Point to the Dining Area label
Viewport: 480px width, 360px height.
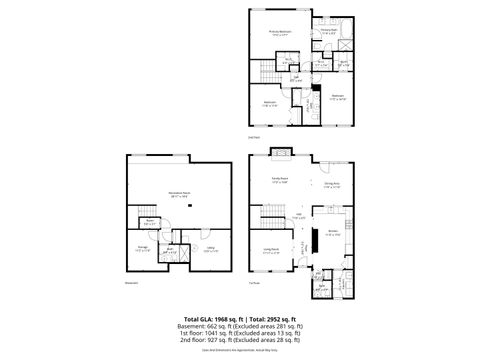333,185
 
